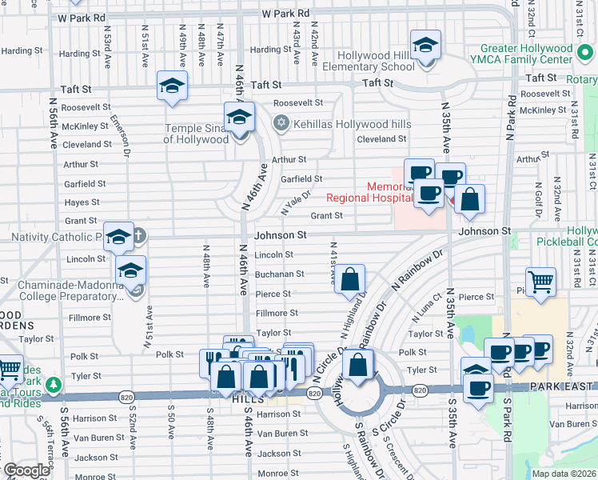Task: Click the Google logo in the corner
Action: point(26,470)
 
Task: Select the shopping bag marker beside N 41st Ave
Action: point(350,280)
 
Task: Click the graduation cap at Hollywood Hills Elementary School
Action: point(425,44)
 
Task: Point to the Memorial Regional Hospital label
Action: point(367,192)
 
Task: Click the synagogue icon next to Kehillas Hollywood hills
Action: point(280,123)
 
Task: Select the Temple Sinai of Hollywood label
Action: point(197,134)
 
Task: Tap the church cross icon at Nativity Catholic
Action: point(138,235)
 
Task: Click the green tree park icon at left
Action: point(54,386)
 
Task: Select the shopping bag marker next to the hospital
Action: point(471,199)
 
